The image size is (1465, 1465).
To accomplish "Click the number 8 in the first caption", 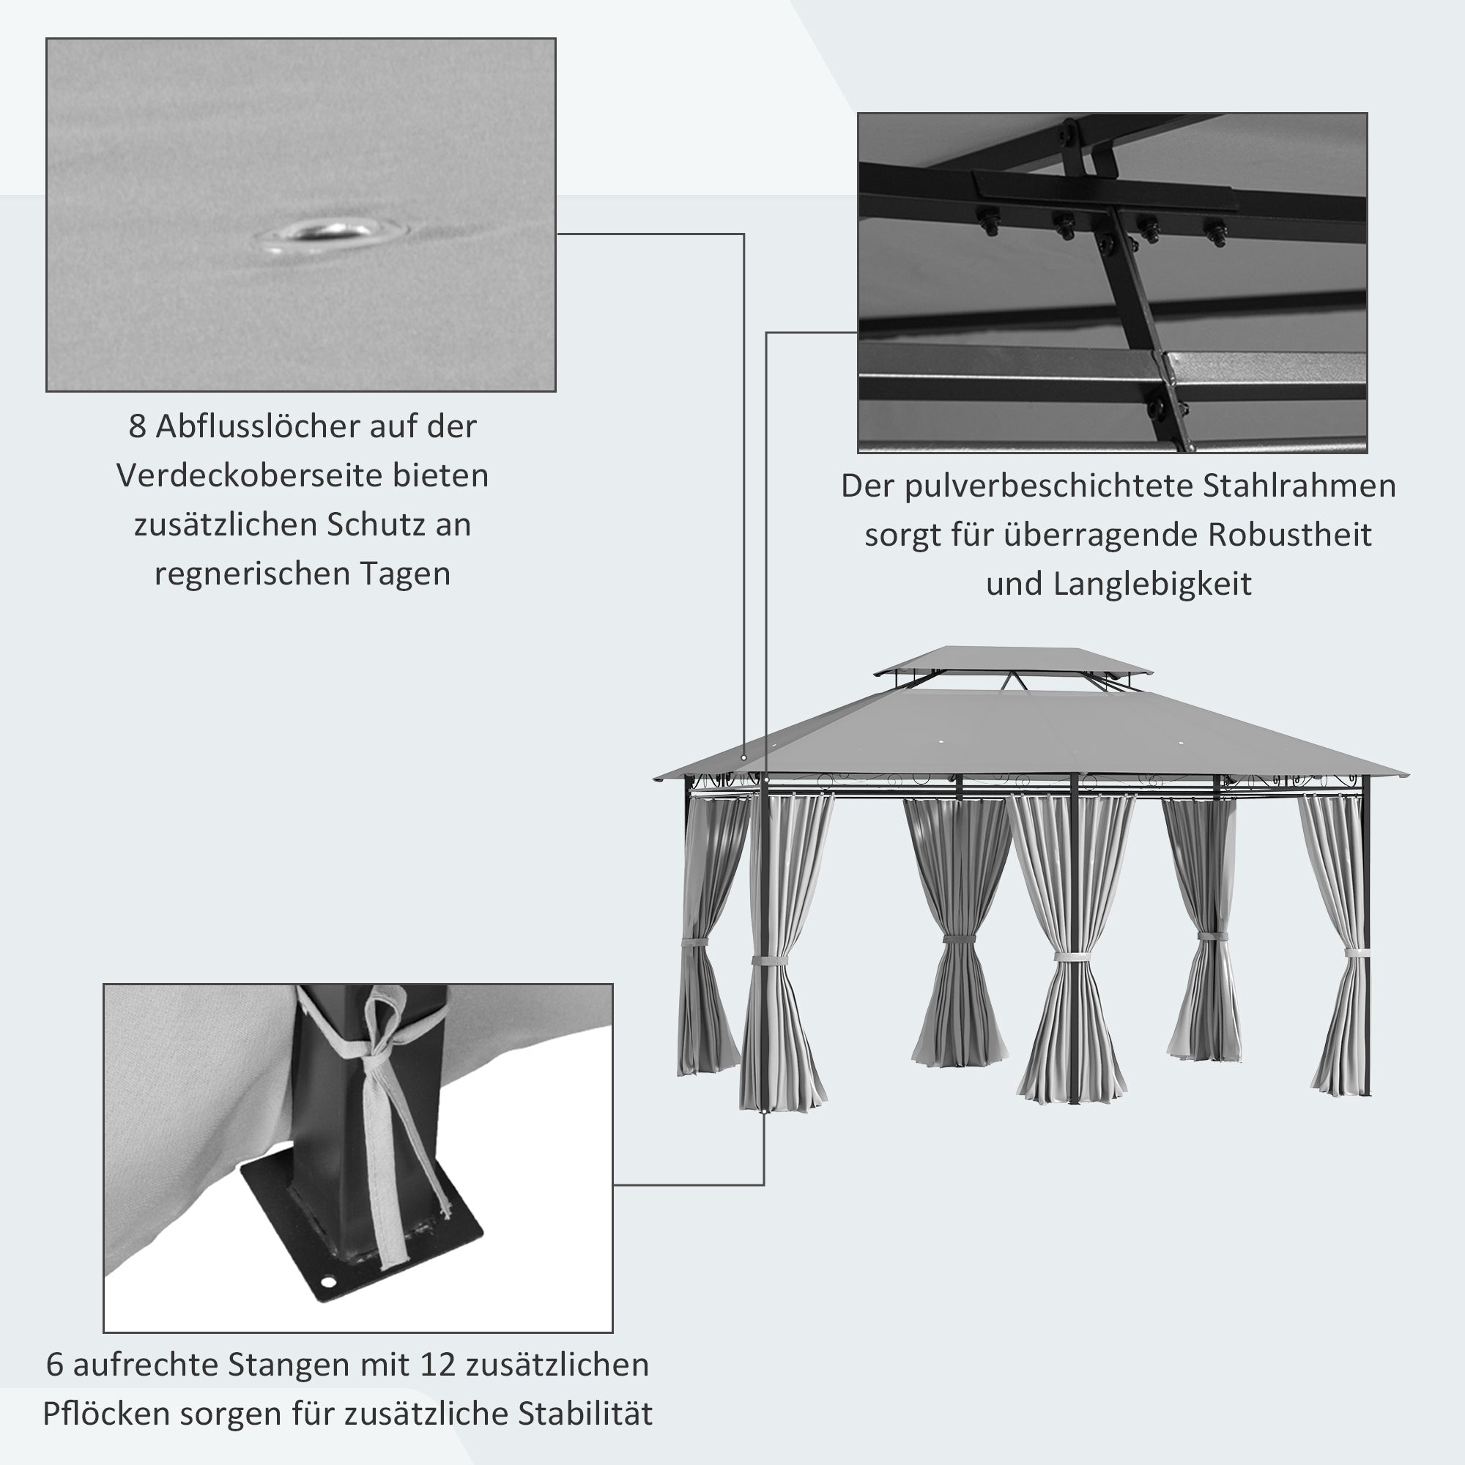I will (136, 427).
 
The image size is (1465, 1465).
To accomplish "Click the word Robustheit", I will (1289, 535).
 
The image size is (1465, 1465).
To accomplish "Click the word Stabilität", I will (585, 1414).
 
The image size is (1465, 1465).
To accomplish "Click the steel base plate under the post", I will (425, 1244).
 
